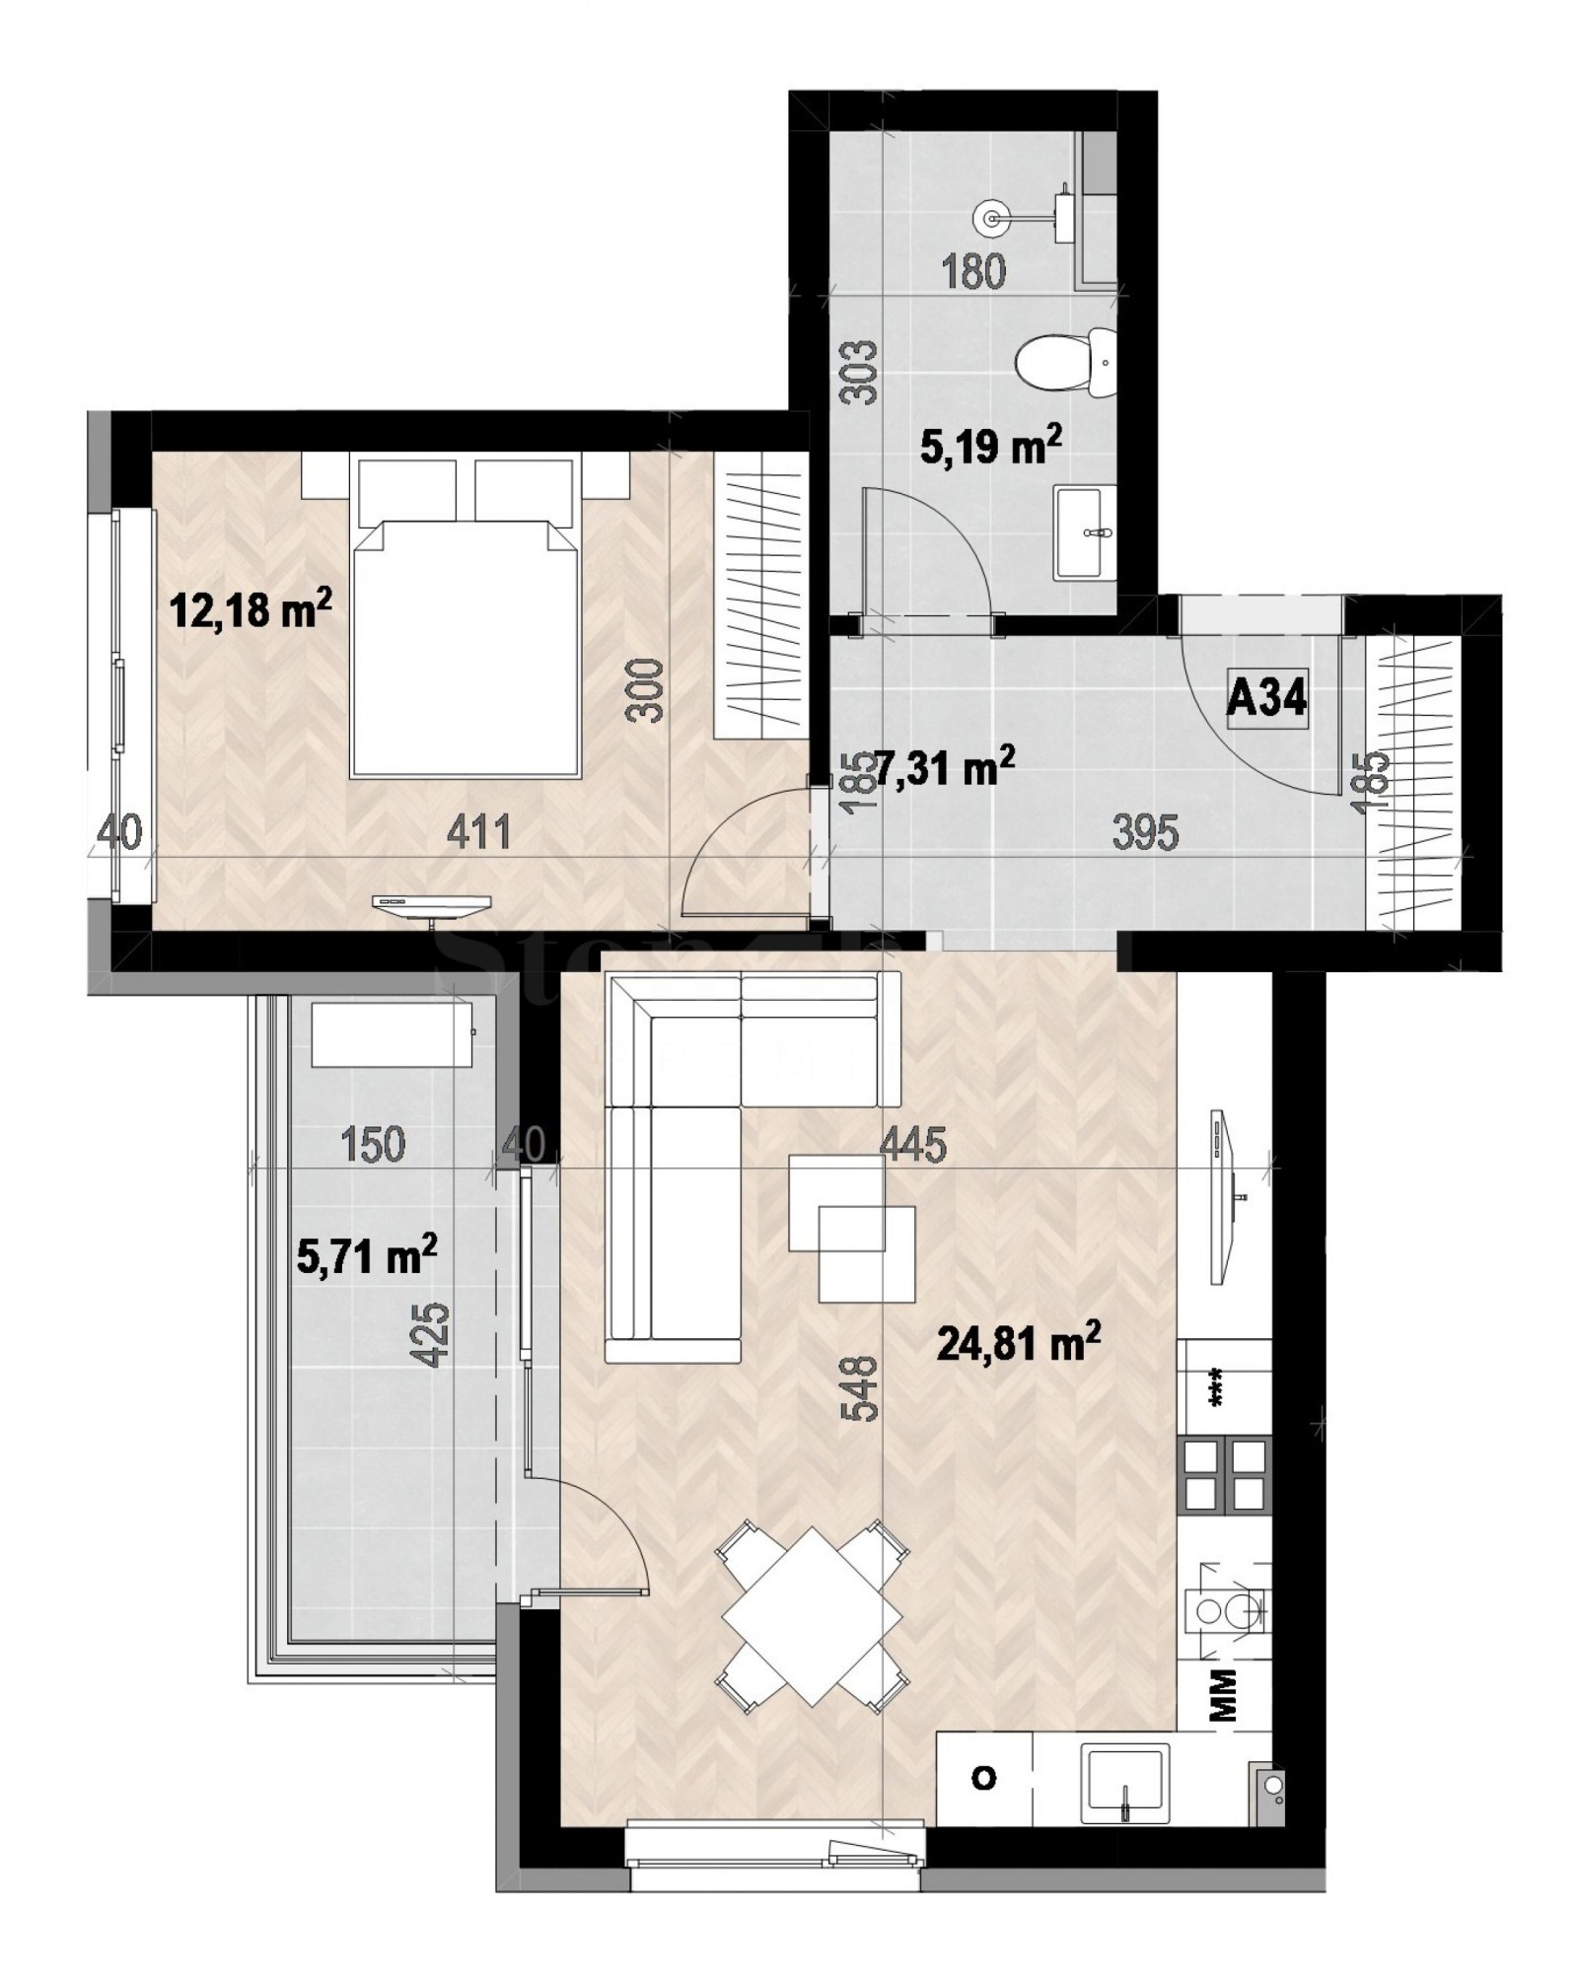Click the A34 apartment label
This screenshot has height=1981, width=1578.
tap(1266, 699)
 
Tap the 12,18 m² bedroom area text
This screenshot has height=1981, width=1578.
tap(251, 608)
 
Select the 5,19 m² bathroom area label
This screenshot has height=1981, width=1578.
tap(991, 447)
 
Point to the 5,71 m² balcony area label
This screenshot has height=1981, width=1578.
tap(367, 1256)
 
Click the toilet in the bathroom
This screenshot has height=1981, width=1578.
tap(1065, 362)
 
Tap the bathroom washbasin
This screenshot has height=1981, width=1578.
tap(1085, 531)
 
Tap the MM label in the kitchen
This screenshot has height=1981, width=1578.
tap(1224, 1695)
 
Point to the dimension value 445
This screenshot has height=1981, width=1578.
tap(913, 1145)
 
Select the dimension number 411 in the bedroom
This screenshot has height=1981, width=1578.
tap(479, 832)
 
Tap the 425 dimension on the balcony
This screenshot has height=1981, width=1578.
tap(435, 1335)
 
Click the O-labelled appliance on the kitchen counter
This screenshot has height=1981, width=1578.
tap(983, 1778)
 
